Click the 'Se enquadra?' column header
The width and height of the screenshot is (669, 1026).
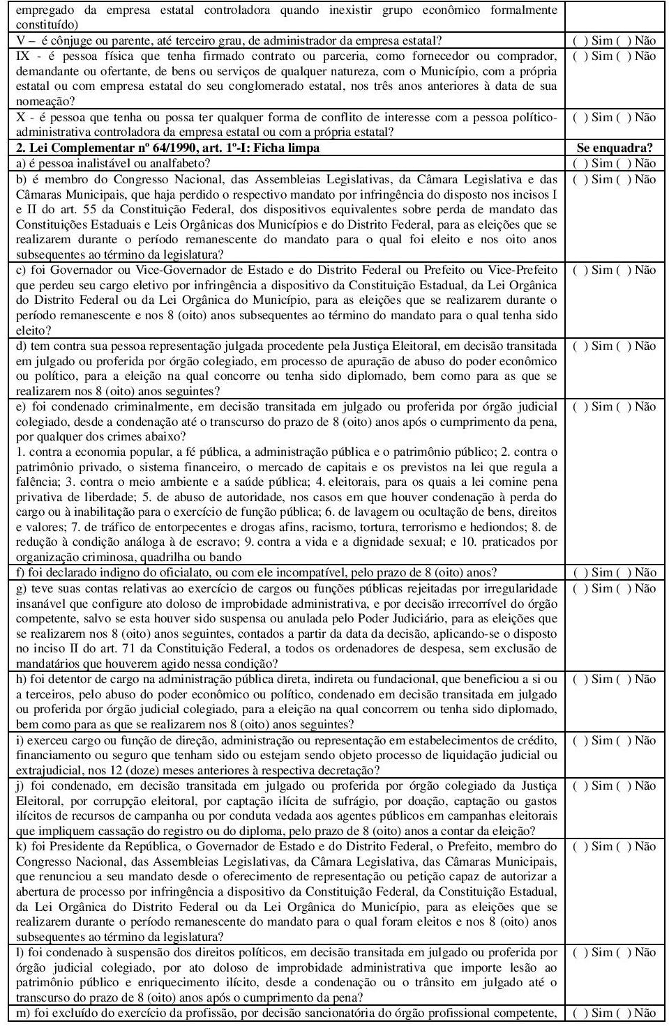click(x=615, y=148)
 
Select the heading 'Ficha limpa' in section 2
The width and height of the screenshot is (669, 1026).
click(x=289, y=148)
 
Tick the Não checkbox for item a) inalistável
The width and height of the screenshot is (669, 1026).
click(x=623, y=163)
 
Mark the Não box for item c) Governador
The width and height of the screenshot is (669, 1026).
click(x=623, y=270)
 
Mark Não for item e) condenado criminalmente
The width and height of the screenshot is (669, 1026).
click(x=623, y=406)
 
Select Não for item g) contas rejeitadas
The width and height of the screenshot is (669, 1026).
click(x=623, y=588)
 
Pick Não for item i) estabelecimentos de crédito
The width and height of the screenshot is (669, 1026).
click(x=623, y=740)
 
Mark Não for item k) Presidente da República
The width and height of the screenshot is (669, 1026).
click(x=623, y=846)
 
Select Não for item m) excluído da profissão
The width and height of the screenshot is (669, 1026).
click(x=623, y=1013)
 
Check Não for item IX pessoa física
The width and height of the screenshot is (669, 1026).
click(x=623, y=56)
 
